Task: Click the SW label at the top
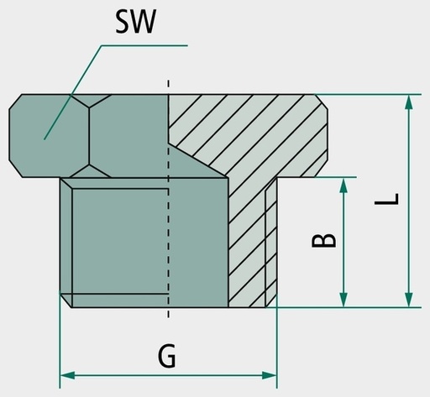tap(135, 22)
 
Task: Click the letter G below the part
tap(167, 356)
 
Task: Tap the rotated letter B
tap(323, 240)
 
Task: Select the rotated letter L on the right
tap(386, 199)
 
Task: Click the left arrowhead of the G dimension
tap(67, 375)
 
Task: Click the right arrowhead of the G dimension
tap(270, 375)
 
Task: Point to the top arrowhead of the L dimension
tap(409, 102)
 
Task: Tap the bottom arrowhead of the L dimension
tap(409, 300)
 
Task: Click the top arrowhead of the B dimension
tap(343, 185)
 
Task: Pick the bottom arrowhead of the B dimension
tap(343, 300)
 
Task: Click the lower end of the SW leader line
tap(45, 138)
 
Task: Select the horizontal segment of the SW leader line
tap(144, 45)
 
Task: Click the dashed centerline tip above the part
tap(168, 81)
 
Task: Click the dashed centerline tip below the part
tap(168, 317)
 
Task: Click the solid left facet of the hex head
tap(49, 136)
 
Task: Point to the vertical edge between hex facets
tap(89, 136)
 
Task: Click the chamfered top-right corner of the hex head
tap(322, 102)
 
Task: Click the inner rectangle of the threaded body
tap(120, 242)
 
